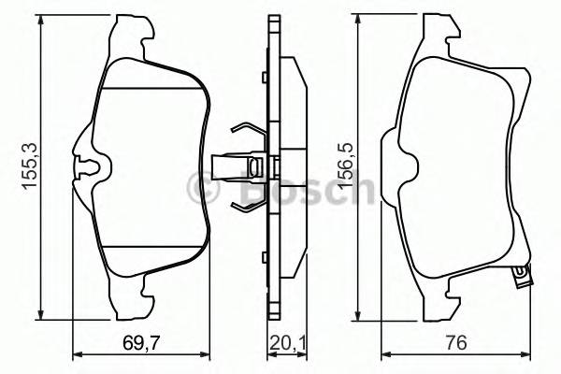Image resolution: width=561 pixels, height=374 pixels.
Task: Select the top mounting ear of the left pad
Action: point(131,33)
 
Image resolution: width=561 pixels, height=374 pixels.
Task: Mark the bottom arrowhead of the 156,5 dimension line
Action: point(359,315)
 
